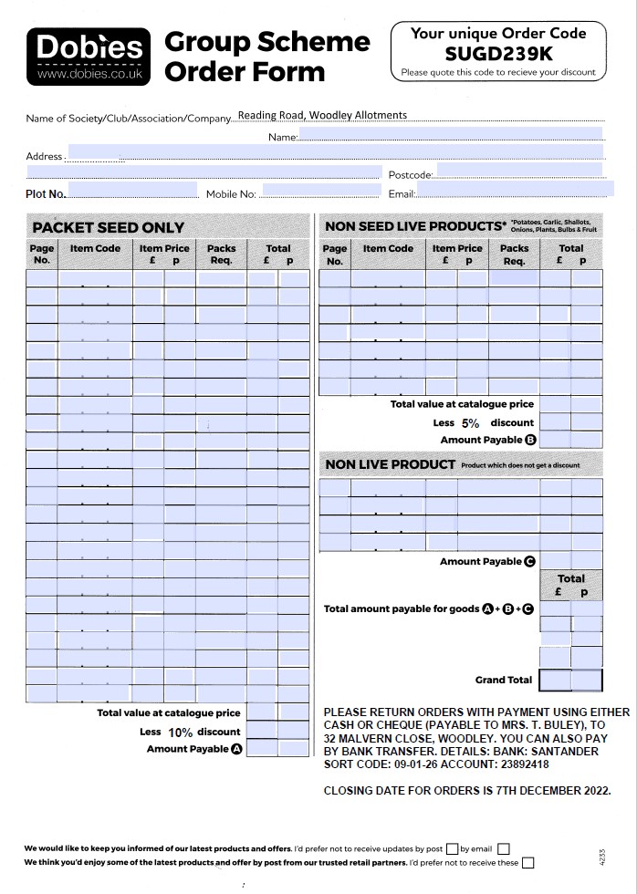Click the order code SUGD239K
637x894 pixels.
[497, 53]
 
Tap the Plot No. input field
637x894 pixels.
[132, 191]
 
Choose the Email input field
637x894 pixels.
[515, 190]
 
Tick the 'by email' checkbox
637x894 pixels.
[504, 848]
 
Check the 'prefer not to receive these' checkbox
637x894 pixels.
[528, 862]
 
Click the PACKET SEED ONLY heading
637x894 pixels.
[109, 227]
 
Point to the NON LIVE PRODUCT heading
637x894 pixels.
[390, 464]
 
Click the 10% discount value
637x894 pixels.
[180, 733]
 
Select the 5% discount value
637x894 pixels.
[470, 423]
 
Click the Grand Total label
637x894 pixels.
[503, 680]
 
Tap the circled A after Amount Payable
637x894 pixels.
[237, 749]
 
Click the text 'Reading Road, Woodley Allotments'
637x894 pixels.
[322, 116]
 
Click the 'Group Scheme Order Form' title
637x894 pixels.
[266, 57]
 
